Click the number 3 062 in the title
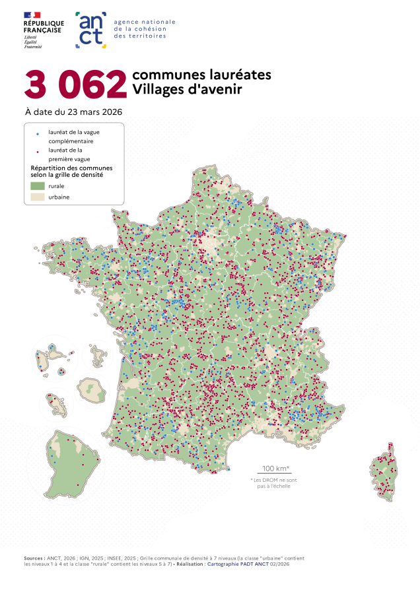click(x=75, y=84)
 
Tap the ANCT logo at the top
click(x=91, y=29)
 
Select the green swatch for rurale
click(x=37, y=186)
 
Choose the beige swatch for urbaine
click(x=37, y=197)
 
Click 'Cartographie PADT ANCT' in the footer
click(x=240, y=565)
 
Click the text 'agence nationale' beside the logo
click(x=145, y=22)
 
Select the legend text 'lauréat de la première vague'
click(x=70, y=154)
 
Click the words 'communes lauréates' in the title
click(x=201, y=75)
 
